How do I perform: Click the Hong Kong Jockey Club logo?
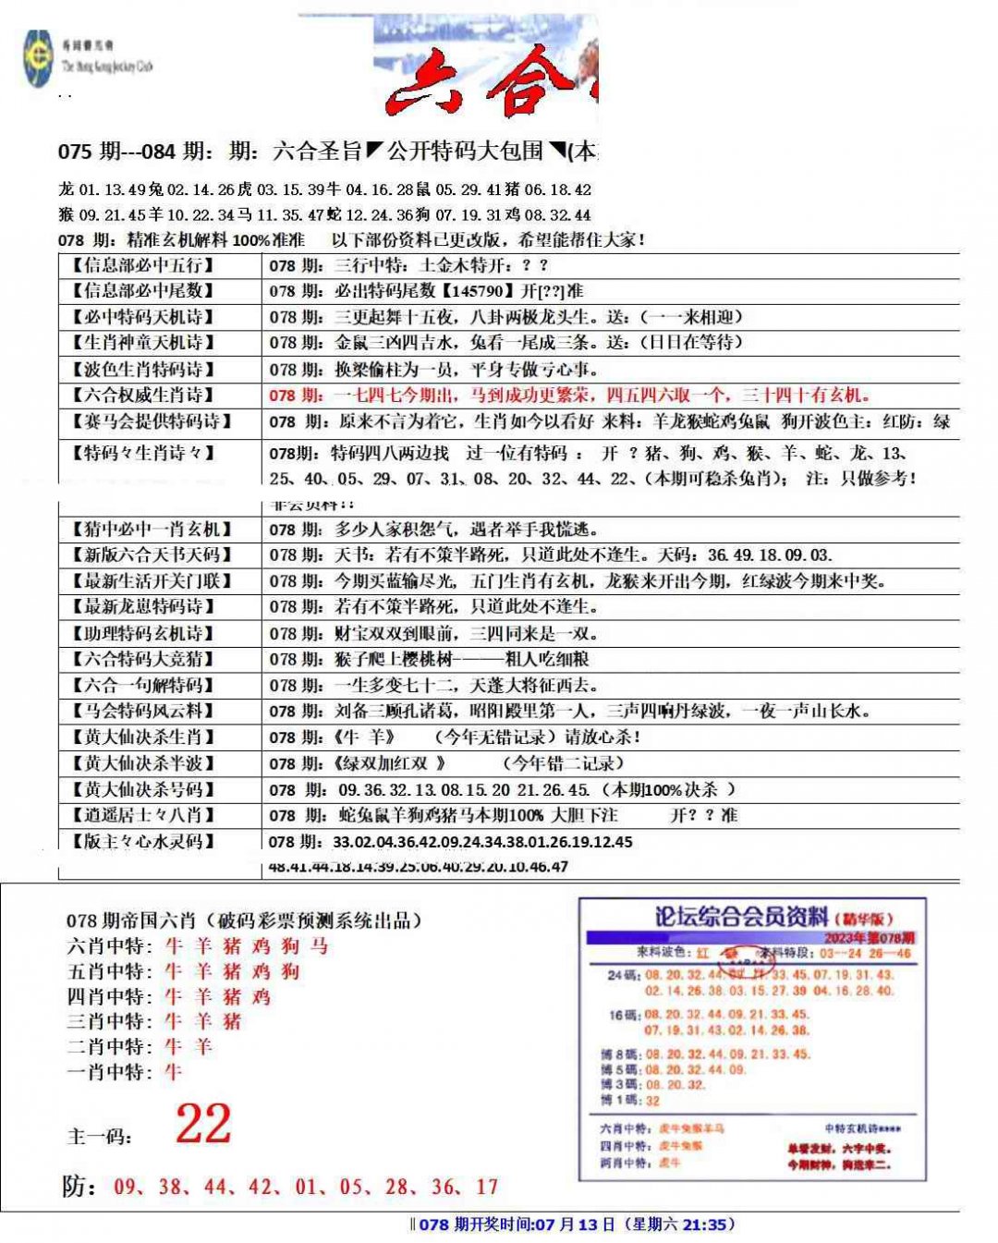[x=39, y=59]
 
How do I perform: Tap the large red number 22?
[x=203, y=1124]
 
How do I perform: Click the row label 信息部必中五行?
[x=143, y=265]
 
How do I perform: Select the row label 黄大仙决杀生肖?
[x=143, y=737]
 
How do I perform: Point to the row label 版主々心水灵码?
[x=143, y=842]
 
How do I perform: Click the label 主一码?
[x=99, y=1136]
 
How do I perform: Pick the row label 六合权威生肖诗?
[x=143, y=396]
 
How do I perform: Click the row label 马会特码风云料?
[x=143, y=711]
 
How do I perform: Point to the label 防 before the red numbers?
[x=78, y=1187]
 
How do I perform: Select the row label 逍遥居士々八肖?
[x=143, y=815]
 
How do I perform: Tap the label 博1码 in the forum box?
[x=621, y=1101]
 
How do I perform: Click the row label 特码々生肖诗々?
[x=143, y=453]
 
